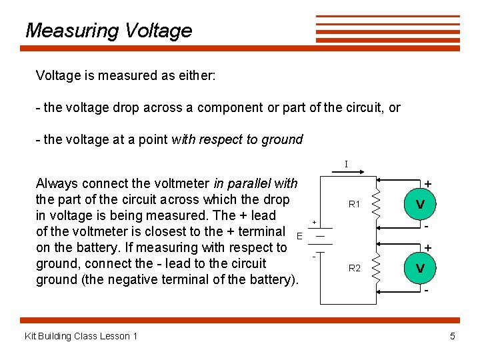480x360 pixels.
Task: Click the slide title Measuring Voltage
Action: pos(108,31)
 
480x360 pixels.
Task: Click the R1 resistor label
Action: pos(355,205)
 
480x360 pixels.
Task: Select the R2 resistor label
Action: pos(355,268)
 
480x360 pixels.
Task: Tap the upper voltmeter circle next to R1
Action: pos(421,204)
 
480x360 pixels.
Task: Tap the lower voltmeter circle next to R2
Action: pos(421,268)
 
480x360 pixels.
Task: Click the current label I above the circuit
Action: pos(346,164)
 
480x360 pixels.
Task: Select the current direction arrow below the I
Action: pos(346,172)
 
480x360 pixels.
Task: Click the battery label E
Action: pos(300,235)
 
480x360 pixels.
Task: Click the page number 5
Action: pos(453,336)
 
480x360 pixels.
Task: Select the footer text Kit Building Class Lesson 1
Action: pos(81,336)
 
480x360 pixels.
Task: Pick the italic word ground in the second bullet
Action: pos(285,140)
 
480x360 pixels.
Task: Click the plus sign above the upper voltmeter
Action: pos(427,183)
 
